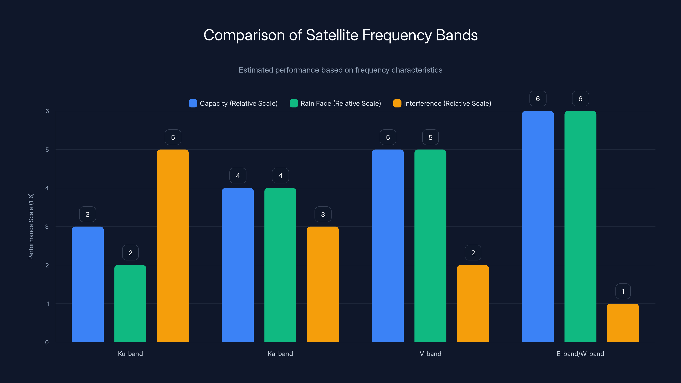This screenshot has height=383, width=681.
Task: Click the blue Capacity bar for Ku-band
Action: point(87,284)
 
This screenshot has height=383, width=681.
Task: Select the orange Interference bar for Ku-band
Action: point(173,246)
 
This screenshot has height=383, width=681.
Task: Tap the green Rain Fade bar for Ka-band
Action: point(280,265)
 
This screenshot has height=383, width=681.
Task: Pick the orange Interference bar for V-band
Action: point(473,303)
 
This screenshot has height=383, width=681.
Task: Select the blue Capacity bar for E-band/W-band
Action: point(538,227)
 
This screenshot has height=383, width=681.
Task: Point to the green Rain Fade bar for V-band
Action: point(430,246)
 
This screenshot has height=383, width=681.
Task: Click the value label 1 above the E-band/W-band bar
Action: point(623,291)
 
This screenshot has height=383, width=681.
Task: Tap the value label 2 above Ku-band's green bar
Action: point(130,253)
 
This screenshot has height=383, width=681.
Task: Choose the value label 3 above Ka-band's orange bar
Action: point(323,214)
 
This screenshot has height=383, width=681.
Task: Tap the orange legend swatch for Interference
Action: point(397,103)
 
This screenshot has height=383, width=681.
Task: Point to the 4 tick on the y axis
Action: point(47,188)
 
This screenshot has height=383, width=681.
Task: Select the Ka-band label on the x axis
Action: point(280,354)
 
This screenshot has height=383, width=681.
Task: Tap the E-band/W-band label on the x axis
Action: point(580,354)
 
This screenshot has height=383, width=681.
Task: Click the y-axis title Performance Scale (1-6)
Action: point(31,227)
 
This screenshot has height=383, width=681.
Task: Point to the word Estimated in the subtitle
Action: point(256,70)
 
